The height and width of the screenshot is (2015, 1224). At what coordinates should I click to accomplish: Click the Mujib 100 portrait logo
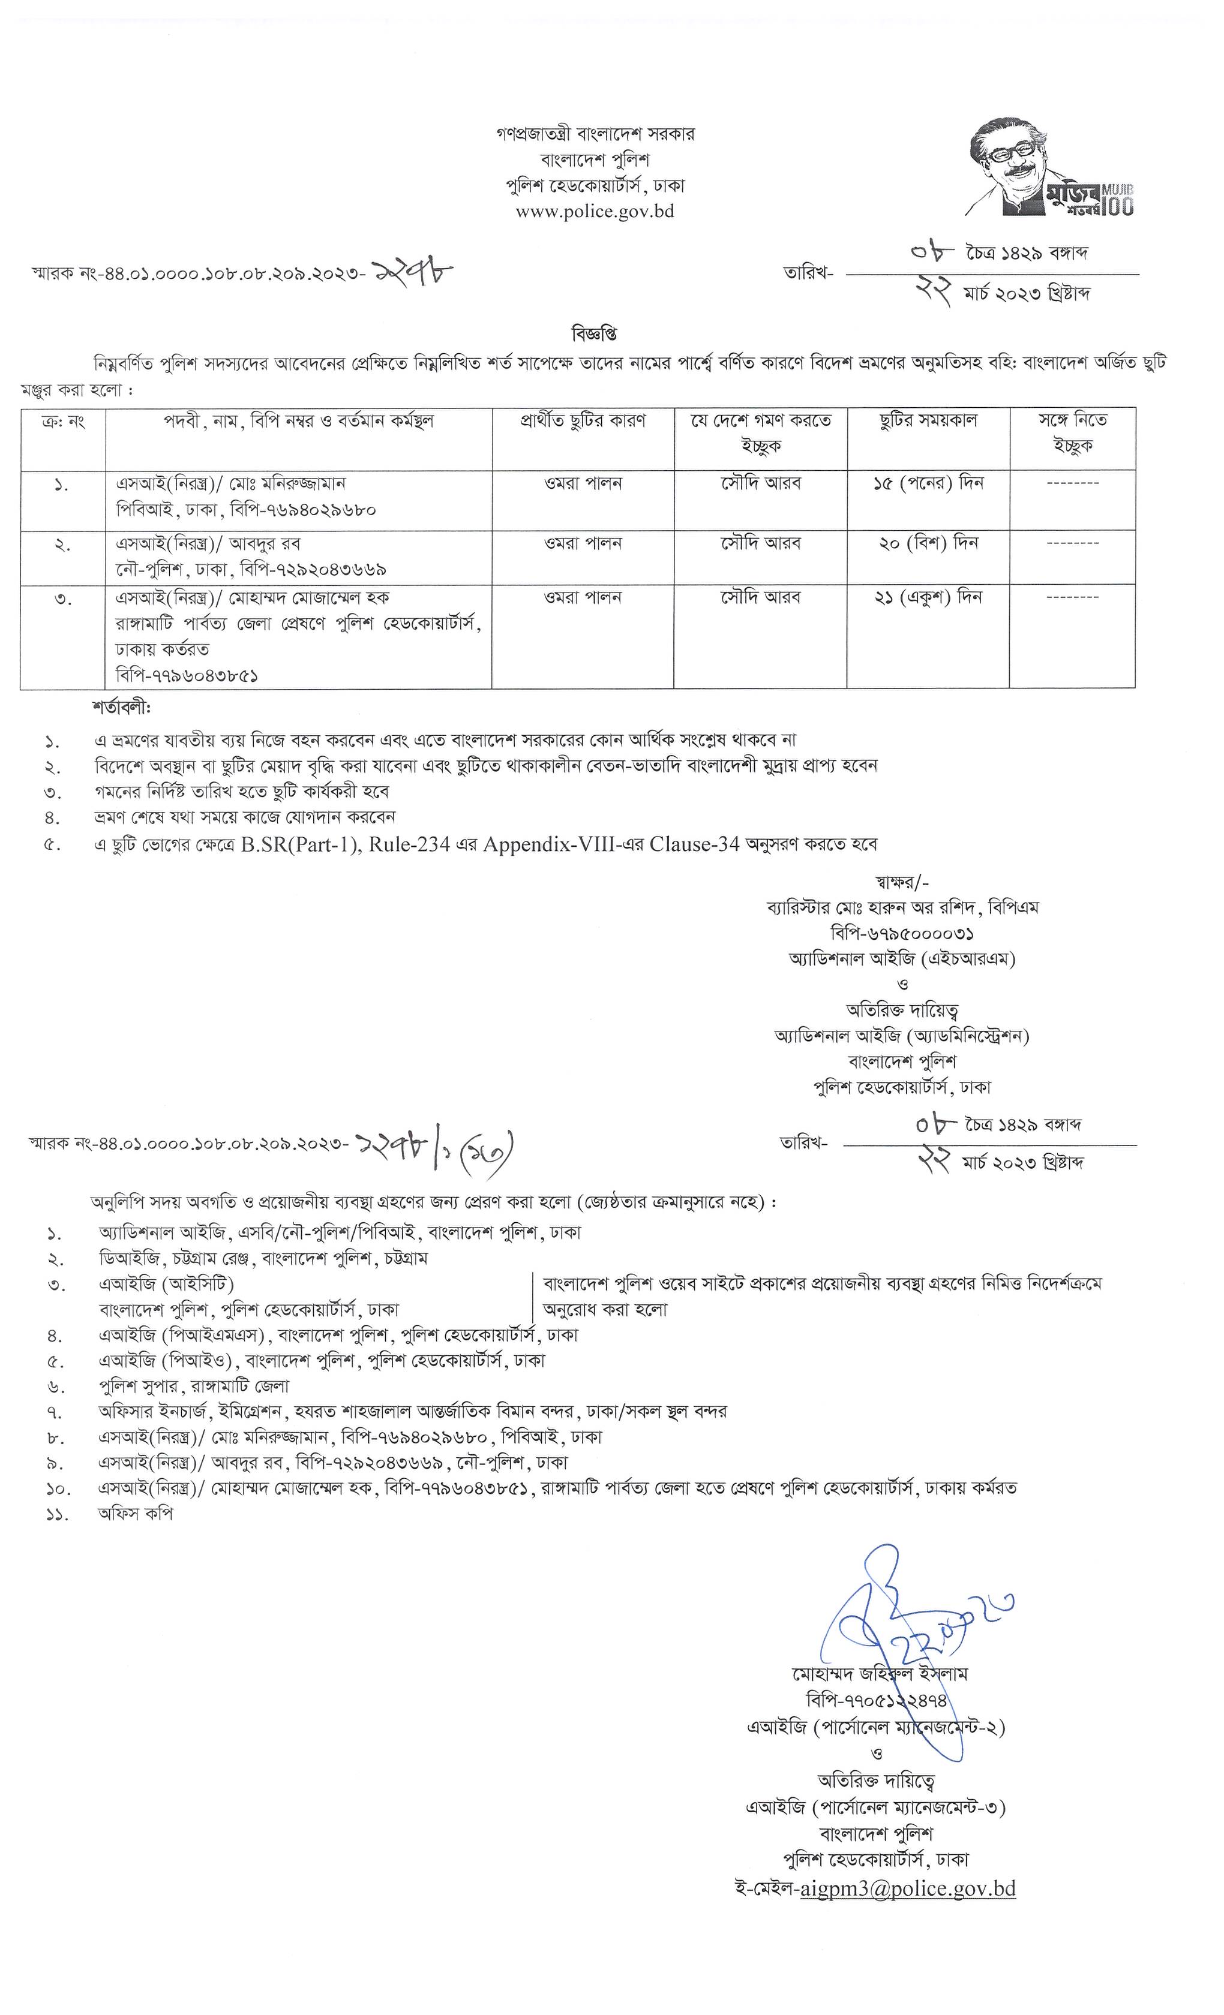pyautogui.click(x=1050, y=169)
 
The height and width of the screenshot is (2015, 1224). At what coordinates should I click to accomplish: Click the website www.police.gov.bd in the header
pyautogui.click(x=595, y=212)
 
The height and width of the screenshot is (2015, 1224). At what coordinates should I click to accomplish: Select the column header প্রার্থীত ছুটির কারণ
pyautogui.click(x=583, y=421)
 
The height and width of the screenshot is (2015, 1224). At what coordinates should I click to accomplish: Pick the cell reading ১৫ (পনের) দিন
pyautogui.click(x=928, y=483)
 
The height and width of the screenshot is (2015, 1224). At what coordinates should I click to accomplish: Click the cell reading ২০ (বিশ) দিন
pyautogui.click(x=928, y=543)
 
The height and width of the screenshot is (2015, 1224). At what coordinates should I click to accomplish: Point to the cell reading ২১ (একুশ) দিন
pyautogui.click(x=928, y=598)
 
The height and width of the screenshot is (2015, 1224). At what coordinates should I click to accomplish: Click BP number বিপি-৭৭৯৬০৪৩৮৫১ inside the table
pyautogui.click(x=187, y=675)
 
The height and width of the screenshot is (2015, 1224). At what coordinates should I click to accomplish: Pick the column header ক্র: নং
pyautogui.click(x=63, y=421)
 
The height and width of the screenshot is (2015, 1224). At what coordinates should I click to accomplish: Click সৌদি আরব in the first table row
pyautogui.click(x=760, y=483)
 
